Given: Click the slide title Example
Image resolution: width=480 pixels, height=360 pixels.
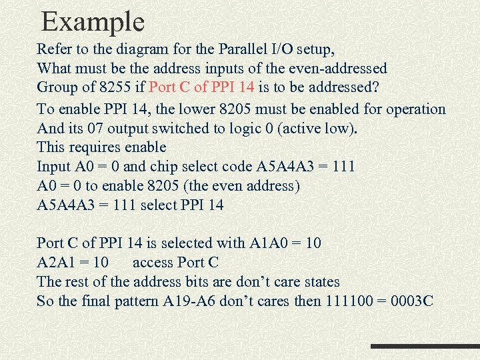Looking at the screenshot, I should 93,22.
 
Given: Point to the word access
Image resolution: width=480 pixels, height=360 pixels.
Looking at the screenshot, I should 157,262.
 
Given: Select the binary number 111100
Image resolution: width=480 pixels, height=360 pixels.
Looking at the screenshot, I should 350,301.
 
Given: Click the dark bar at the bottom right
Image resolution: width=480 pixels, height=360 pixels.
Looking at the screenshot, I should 425,347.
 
